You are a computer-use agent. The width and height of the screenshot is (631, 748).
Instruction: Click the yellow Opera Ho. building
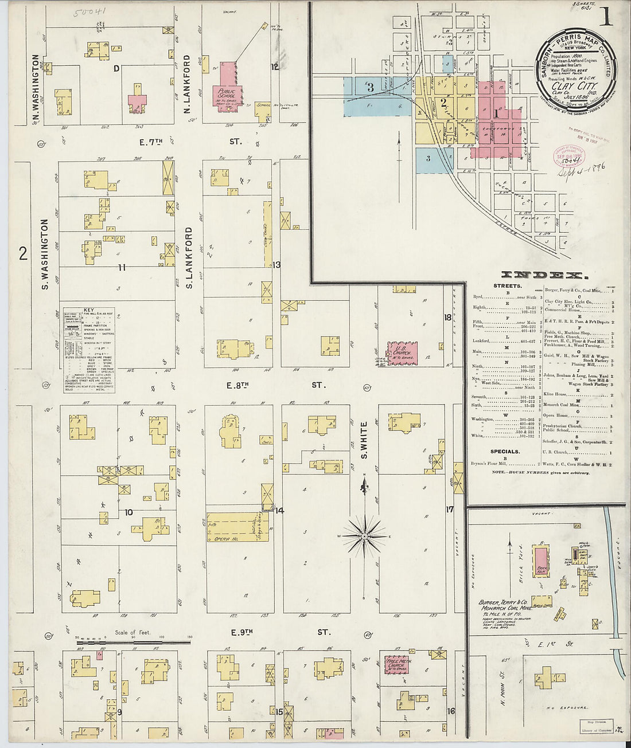click(237, 527)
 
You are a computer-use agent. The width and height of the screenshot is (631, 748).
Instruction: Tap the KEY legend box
click(89, 350)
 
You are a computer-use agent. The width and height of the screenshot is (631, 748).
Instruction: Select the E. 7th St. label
click(189, 141)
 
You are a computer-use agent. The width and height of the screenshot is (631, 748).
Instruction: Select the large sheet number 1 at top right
click(606, 17)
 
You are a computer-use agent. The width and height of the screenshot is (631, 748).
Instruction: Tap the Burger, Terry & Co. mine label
click(505, 606)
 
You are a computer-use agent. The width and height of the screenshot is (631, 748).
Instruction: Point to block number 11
click(122, 267)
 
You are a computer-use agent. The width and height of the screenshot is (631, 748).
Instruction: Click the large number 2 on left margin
click(23, 253)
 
